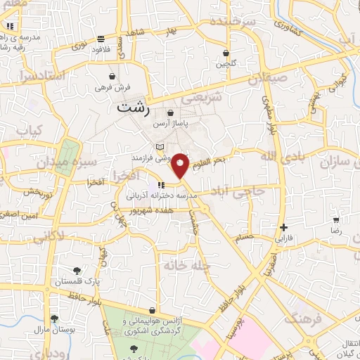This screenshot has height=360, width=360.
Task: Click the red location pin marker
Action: coord(181,165)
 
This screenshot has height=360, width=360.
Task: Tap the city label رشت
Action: coord(133,109)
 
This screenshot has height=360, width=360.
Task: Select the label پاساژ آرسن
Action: coord(171,124)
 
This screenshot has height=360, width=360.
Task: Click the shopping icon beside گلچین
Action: coord(226,53)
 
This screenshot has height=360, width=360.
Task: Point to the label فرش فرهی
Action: coord(112,89)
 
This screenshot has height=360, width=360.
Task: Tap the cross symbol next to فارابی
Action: coord(283,227)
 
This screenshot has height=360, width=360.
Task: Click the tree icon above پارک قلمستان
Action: coord(77,270)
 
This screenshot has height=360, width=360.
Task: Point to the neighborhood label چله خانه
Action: coord(185,264)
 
